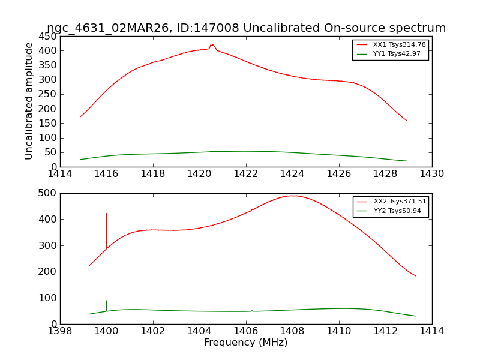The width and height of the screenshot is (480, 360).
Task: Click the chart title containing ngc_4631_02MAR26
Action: point(246,28)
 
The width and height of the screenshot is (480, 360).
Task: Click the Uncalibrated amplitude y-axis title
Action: point(29,101)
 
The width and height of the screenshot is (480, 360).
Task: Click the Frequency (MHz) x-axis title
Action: point(246,343)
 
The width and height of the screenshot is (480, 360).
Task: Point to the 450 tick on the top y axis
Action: point(48,36)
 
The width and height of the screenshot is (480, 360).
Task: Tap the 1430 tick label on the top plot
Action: point(432,174)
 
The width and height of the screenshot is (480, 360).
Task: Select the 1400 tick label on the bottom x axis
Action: point(107,331)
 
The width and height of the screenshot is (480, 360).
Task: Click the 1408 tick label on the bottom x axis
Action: point(293,331)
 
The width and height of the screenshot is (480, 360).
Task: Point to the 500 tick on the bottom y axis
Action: point(48,193)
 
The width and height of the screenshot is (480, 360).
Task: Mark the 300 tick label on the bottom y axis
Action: point(48,245)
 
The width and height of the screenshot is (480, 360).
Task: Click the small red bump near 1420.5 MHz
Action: point(212,45)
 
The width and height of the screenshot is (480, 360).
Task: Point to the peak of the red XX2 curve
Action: point(293,196)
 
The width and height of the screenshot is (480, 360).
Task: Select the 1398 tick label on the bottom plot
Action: point(60,331)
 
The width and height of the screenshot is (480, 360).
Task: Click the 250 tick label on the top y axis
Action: point(48,94)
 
